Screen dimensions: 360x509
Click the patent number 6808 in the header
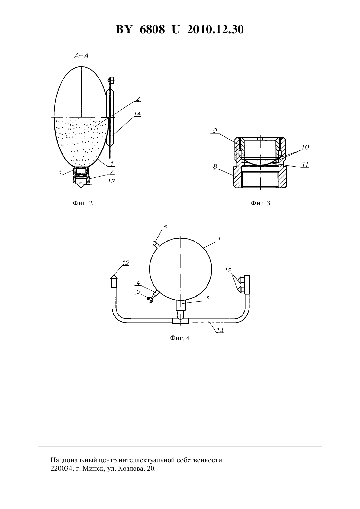(x=152, y=29)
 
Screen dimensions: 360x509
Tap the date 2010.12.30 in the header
(x=215, y=29)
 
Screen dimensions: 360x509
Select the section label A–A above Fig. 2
(x=81, y=55)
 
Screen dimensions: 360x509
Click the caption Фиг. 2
(x=83, y=203)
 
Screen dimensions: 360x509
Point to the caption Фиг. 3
(x=260, y=203)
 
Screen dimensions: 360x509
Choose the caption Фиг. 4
(x=180, y=338)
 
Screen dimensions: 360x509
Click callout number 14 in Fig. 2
(x=137, y=114)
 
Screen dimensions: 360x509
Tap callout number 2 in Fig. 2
(x=138, y=98)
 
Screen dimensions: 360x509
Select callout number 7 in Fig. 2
(x=111, y=172)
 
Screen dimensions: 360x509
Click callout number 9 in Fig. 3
(x=215, y=131)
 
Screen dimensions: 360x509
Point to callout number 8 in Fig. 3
(x=215, y=166)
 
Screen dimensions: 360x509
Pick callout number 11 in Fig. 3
(x=305, y=164)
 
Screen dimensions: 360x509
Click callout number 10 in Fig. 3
(x=305, y=147)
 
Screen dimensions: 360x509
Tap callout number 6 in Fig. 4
(x=165, y=227)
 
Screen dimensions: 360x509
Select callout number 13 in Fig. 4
(x=220, y=330)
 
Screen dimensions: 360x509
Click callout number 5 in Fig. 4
(x=138, y=291)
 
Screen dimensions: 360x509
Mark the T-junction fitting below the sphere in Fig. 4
(x=180, y=321)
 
